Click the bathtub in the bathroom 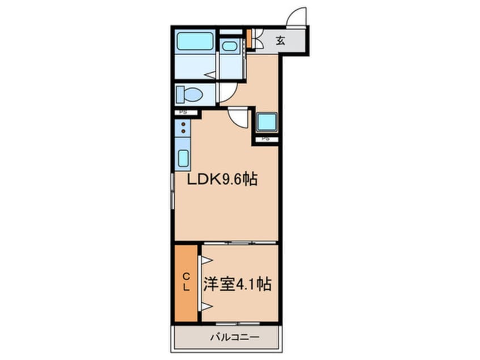(x=195, y=41)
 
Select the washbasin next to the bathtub (x=230, y=47)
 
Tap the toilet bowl (x=190, y=94)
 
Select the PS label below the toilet (x=183, y=112)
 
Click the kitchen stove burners (x=183, y=131)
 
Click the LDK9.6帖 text (x=224, y=181)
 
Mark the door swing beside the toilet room (x=228, y=93)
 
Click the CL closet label (x=186, y=282)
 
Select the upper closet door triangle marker (x=205, y=260)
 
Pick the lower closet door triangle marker (x=205, y=307)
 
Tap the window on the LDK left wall (x=172, y=191)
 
